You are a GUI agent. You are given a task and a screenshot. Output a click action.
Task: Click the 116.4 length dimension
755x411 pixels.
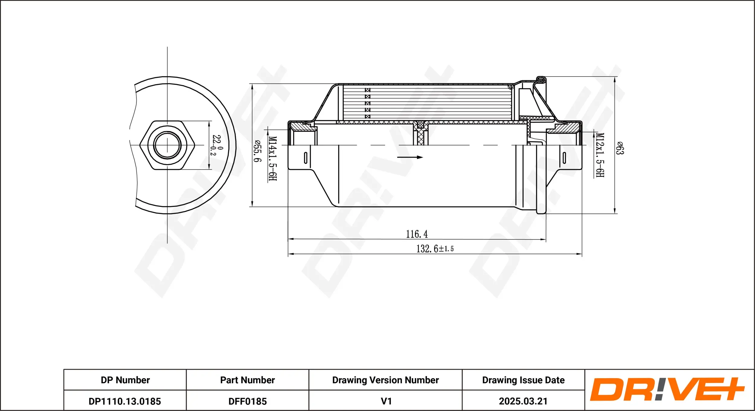coord(416,234)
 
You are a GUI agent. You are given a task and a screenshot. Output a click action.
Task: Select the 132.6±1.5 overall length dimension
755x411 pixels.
coord(435,249)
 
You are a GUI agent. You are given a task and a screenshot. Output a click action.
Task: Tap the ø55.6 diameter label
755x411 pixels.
coord(257,151)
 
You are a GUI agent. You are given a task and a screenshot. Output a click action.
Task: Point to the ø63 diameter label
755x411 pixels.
coord(619,148)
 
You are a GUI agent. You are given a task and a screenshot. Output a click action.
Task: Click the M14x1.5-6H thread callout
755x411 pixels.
coord(272,159)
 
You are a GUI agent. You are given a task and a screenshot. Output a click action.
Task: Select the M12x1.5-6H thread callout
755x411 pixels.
coord(600,155)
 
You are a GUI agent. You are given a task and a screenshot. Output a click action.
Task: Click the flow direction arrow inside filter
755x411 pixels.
coord(410,157)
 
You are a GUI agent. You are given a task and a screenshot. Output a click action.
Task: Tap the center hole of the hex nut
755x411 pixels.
coord(167,145)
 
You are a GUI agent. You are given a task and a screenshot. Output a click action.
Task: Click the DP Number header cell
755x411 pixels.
coord(125,380)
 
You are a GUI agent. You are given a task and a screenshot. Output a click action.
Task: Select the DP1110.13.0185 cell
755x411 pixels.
coord(125,401)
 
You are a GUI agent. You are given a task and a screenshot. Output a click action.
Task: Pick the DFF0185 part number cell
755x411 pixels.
coord(247,401)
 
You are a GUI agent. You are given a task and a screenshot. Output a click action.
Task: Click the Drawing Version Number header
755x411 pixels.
coord(385,380)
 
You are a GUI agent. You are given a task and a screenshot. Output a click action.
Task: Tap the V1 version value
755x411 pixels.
coord(386,401)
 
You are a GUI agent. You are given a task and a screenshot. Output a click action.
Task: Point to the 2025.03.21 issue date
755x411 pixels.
coord(523,401)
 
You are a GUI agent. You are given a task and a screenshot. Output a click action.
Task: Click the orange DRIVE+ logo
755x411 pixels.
coord(667,390)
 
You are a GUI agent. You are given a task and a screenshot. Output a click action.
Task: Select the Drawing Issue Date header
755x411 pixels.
coord(523,380)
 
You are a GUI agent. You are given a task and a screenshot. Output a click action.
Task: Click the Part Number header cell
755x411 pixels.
coord(247,380)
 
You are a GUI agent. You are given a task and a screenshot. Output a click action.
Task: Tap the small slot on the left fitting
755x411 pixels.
coord(306,158)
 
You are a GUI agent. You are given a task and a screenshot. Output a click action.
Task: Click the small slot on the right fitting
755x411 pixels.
coord(564,158)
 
